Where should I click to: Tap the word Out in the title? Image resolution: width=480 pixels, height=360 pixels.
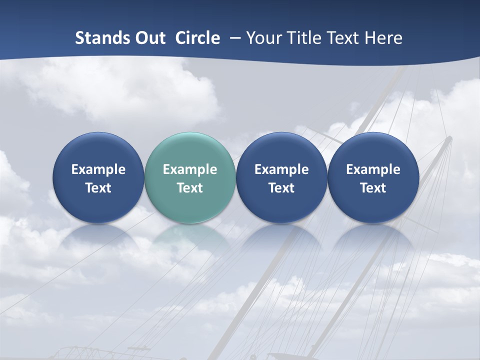pos(148,38)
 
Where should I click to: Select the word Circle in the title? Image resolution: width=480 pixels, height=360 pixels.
pos(197,38)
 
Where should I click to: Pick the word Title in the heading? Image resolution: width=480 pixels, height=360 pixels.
pos(302,38)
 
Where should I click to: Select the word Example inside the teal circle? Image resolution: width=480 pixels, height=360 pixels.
pos(189,169)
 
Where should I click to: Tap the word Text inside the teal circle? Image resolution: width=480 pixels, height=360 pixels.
pos(189,188)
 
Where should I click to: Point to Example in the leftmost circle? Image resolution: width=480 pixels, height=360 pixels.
pos(98,169)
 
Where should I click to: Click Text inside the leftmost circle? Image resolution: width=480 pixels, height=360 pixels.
pos(98,188)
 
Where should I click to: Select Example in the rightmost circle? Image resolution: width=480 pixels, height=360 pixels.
pos(373,169)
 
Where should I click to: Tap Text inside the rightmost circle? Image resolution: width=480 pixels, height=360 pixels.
pos(373,188)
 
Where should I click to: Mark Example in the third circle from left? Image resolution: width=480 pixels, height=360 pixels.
pos(281,169)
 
